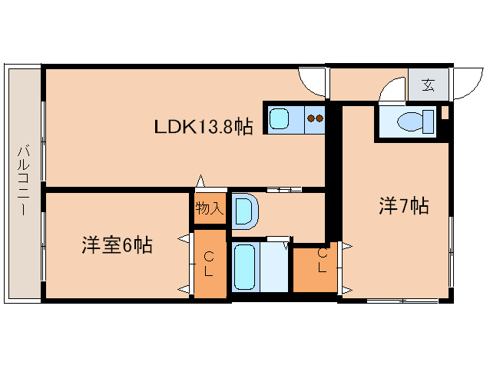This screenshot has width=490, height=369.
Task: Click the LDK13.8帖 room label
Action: click(204, 127)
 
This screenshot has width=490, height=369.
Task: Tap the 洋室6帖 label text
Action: click(117, 246)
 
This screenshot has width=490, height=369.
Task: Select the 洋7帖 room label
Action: click(402, 206)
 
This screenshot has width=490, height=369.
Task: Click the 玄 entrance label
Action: click(428, 85)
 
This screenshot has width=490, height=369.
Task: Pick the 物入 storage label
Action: click(209, 208)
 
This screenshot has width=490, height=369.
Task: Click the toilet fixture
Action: click(408, 121)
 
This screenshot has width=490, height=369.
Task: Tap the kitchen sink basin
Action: click(279, 119)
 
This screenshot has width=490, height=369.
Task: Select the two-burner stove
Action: click(316, 119)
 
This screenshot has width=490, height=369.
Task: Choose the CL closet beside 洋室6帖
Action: click(209, 264)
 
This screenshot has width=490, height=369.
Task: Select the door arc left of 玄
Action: click(392, 88)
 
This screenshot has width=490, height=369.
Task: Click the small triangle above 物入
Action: click(201, 181)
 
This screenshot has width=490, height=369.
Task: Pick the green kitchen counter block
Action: click(296, 119)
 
